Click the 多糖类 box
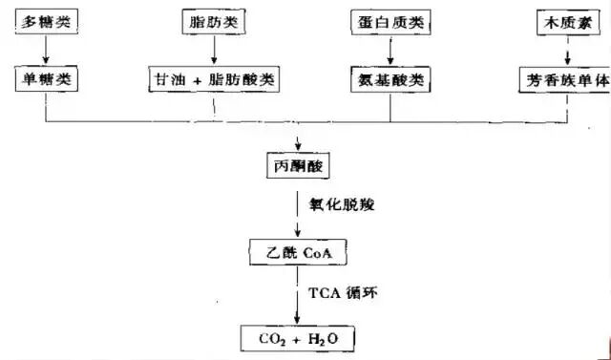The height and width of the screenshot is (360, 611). pyautogui.click(x=45, y=21)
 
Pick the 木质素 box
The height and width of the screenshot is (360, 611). pyautogui.click(x=567, y=21)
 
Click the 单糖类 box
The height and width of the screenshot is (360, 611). pyautogui.click(x=45, y=78)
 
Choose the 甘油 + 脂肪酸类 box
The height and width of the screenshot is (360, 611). pyautogui.click(x=216, y=78)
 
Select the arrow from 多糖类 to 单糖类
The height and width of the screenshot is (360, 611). pyautogui.click(x=45, y=50)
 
